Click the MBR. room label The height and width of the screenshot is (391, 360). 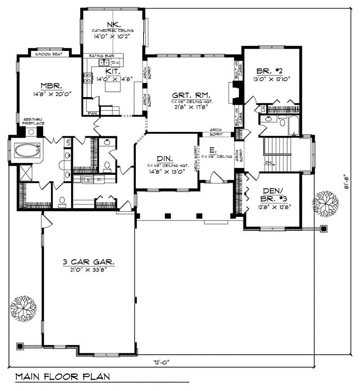47,85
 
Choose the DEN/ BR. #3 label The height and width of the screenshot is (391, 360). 269,196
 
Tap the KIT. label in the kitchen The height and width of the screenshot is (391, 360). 112,72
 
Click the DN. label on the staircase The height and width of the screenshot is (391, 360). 269,163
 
